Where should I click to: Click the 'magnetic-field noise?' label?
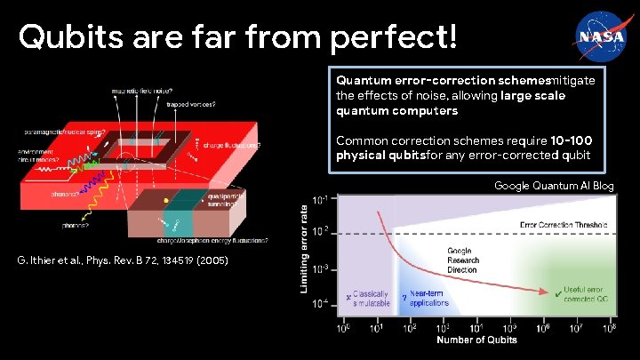pos(141,90)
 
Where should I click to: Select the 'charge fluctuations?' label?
pos(232,144)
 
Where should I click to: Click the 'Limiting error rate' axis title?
pos(305,249)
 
